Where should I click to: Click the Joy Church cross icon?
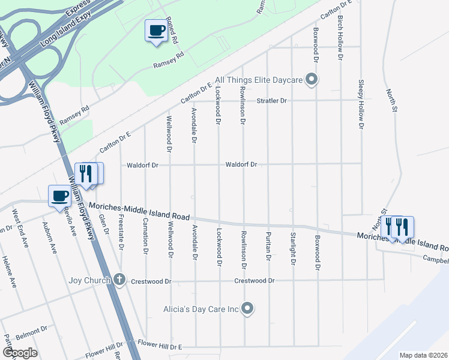coord(119,280)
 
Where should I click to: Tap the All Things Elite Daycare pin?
coord(311,79)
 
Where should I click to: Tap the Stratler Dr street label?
coord(272,100)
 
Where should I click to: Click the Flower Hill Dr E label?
coord(160,346)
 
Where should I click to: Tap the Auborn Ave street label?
coord(50,238)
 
